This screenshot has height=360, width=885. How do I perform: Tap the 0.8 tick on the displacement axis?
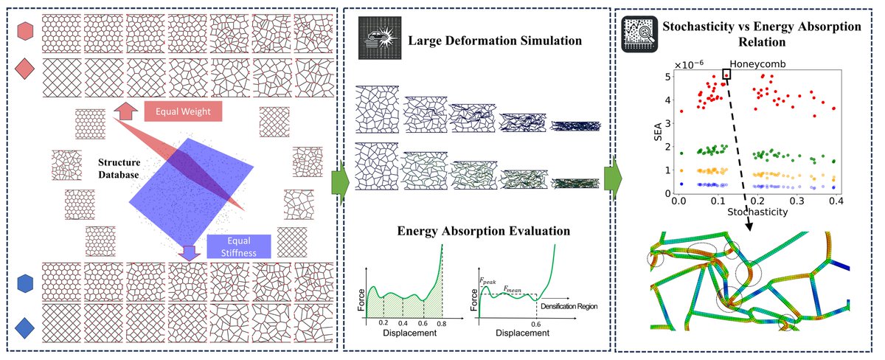point(442,322)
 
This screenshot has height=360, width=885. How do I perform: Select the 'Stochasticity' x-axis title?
point(758,212)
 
